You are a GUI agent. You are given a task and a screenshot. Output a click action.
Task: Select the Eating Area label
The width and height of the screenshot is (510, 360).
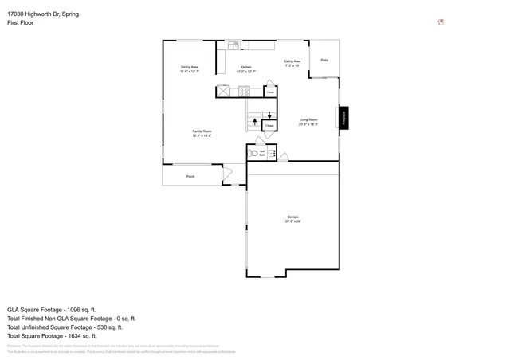tap(292, 63)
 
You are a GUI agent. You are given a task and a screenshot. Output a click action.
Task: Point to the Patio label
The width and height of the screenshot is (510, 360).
tap(324, 60)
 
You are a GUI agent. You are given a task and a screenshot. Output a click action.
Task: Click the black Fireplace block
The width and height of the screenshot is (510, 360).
tap(344, 118)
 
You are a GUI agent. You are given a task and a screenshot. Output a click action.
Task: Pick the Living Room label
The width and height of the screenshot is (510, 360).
tap(308, 122)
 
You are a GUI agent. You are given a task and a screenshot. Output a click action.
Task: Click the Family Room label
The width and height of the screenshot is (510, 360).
tap(201, 133)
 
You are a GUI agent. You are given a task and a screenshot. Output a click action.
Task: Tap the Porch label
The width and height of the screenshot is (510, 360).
tap(190, 176)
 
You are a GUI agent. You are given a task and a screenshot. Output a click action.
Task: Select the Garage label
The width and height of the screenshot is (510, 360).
tap(292, 219)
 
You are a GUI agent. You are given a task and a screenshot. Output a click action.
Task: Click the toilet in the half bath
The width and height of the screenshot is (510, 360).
tap(255, 153)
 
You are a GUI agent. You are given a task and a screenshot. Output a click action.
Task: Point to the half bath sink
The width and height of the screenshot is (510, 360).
tap(272, 153)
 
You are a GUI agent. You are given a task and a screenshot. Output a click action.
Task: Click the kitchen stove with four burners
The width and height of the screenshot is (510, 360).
tap(244, 92)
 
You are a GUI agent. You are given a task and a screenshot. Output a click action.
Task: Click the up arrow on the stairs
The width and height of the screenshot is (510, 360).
tap(254, 122)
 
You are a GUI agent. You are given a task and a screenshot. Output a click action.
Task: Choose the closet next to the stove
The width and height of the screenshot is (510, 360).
tap(270, 92)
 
